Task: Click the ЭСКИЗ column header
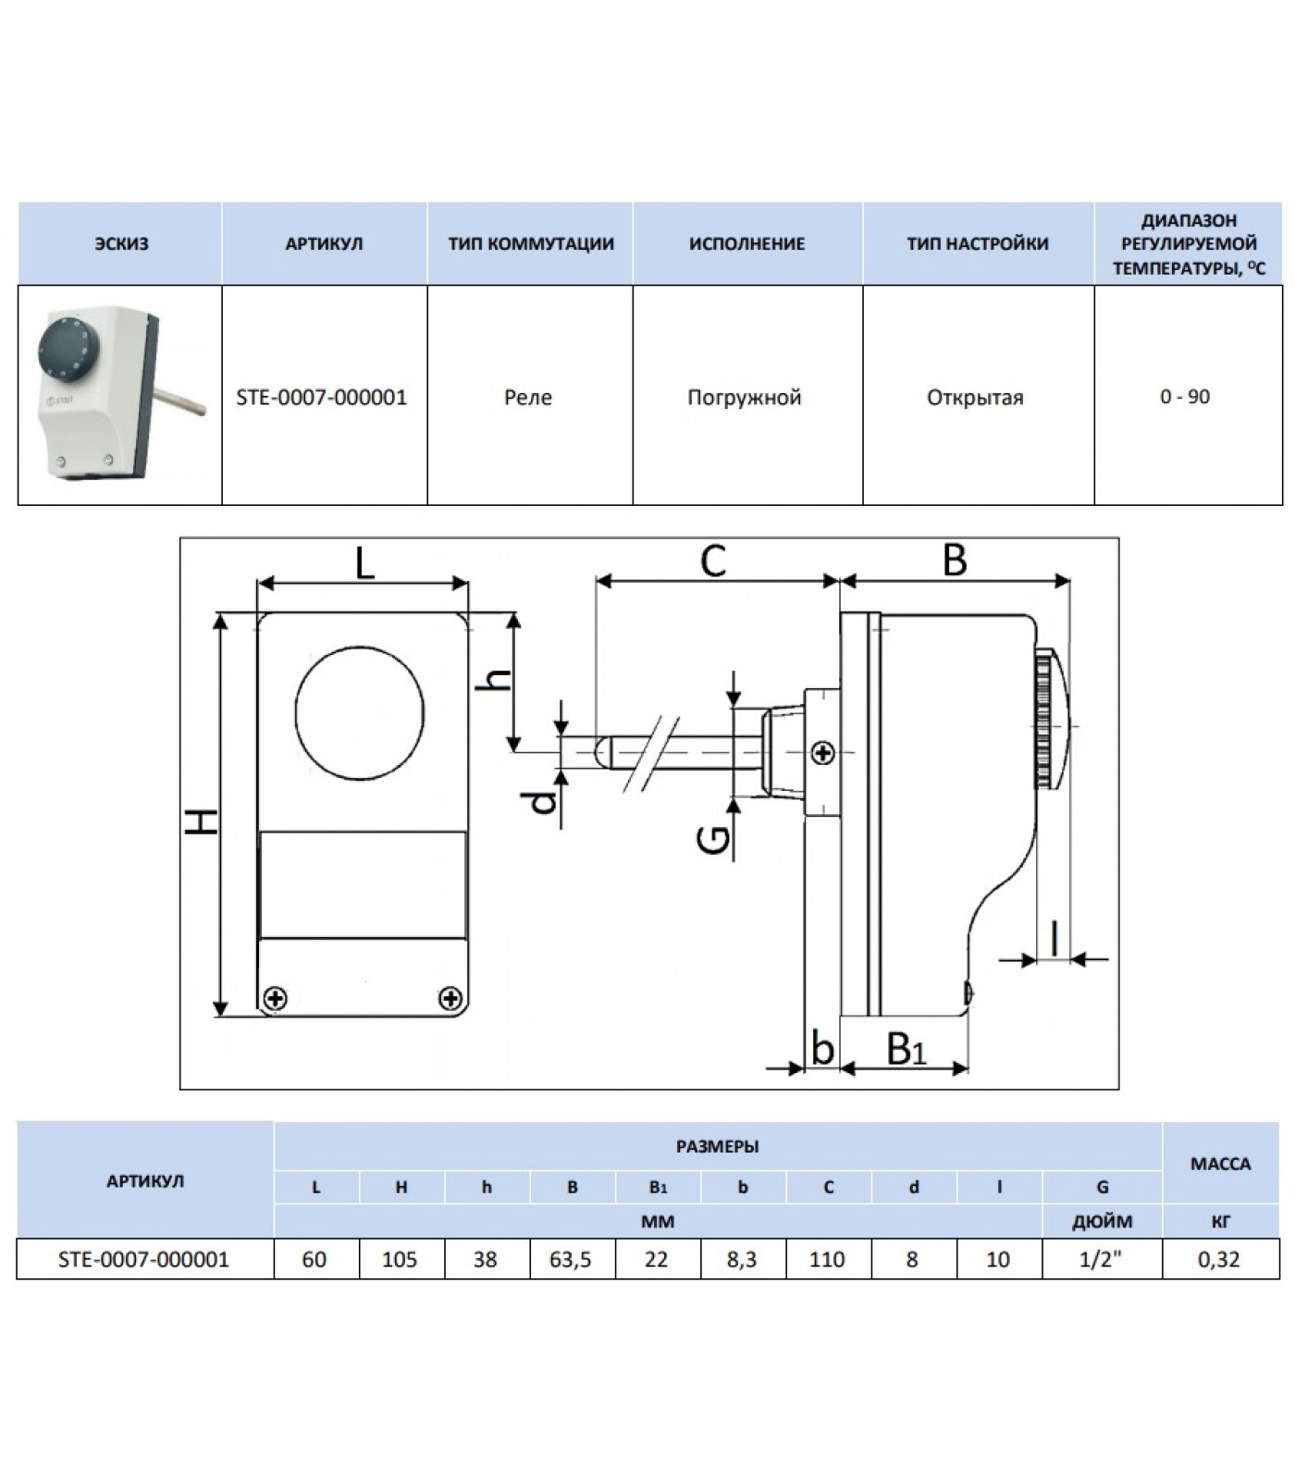[x=121, y=244]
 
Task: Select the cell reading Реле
[x=528, y=398]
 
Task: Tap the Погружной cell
[x=744, y=398]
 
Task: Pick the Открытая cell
[x=975, y=398]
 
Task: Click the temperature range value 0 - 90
[x=1185, y=397]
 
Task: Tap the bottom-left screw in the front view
[x=275, y=998]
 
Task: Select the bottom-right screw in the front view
[x=450, y=998]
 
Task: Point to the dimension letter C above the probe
[x=713, y=561]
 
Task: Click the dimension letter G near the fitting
[x=714, y=839]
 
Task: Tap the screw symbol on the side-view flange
[x=822, y=753]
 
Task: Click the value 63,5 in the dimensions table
[x=571, y=1260]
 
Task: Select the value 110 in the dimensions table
[x=827, y=1260]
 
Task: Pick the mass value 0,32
[x=1219, y=1260]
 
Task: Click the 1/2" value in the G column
[x=1101, y=1260]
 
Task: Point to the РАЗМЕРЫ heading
[x=717, y=1147]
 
